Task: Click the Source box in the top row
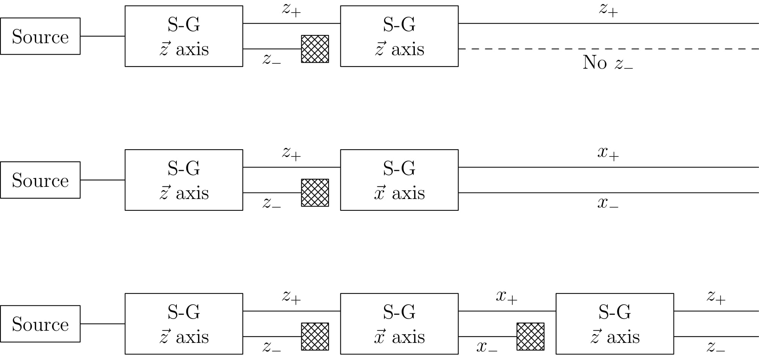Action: point(40,36)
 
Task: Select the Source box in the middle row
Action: point(40,180)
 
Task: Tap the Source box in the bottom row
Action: point(40,324)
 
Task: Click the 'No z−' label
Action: point(608,63)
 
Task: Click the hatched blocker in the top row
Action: point(315,49)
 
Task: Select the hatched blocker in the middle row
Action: point(315,193)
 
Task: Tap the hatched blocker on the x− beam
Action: point(530,337)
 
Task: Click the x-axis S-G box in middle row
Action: point(399,180)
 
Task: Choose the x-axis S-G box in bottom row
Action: point(399,324)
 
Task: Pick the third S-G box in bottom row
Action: point(615,324)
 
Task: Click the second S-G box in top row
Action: point(399,36)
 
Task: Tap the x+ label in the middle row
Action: point(608,153)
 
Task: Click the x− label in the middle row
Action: point(608,203)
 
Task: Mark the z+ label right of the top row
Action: point(608,9)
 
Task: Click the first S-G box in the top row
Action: point(184,36)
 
